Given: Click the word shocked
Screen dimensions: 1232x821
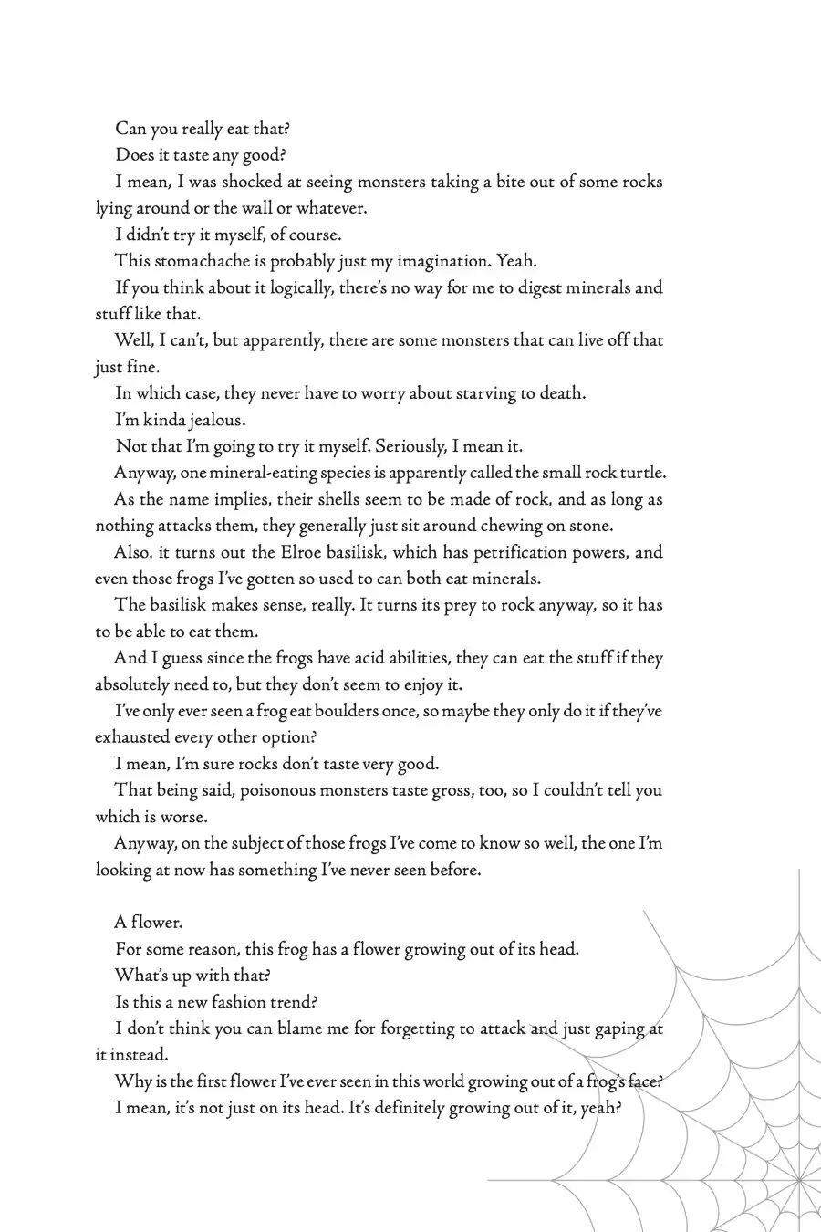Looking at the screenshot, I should [x=254, y=182].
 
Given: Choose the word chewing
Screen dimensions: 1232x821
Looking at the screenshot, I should [x=525, y=526].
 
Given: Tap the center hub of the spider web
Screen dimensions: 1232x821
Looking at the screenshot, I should [x=801, y=1182].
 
